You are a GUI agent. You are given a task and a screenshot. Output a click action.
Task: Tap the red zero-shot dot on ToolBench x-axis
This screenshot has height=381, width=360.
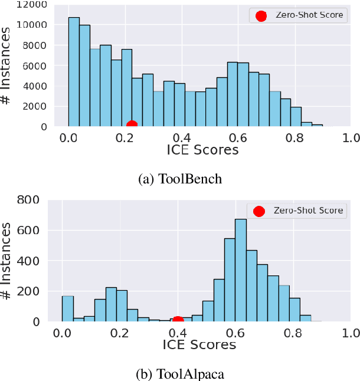pyautogui.click(x=132, y=124)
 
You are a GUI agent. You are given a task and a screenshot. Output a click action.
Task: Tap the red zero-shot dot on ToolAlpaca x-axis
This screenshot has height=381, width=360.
pyautogui.click(x=178, y=320)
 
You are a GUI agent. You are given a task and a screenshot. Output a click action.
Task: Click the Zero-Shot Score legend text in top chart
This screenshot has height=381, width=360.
pyautogui.click(x=309, y=15)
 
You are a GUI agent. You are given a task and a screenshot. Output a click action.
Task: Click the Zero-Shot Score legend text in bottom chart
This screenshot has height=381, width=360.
pyautogui.click(x=306, y=211)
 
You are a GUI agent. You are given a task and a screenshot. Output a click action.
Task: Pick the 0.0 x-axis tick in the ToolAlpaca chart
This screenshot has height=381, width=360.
pyautogui.click(x=62, y=333)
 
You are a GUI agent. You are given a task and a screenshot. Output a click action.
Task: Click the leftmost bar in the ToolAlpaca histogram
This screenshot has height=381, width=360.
pyautogui.click(x=68, y=308)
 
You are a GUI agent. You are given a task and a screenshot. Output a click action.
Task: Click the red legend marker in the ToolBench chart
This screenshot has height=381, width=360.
pyautogui.click(x=261, y=16)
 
